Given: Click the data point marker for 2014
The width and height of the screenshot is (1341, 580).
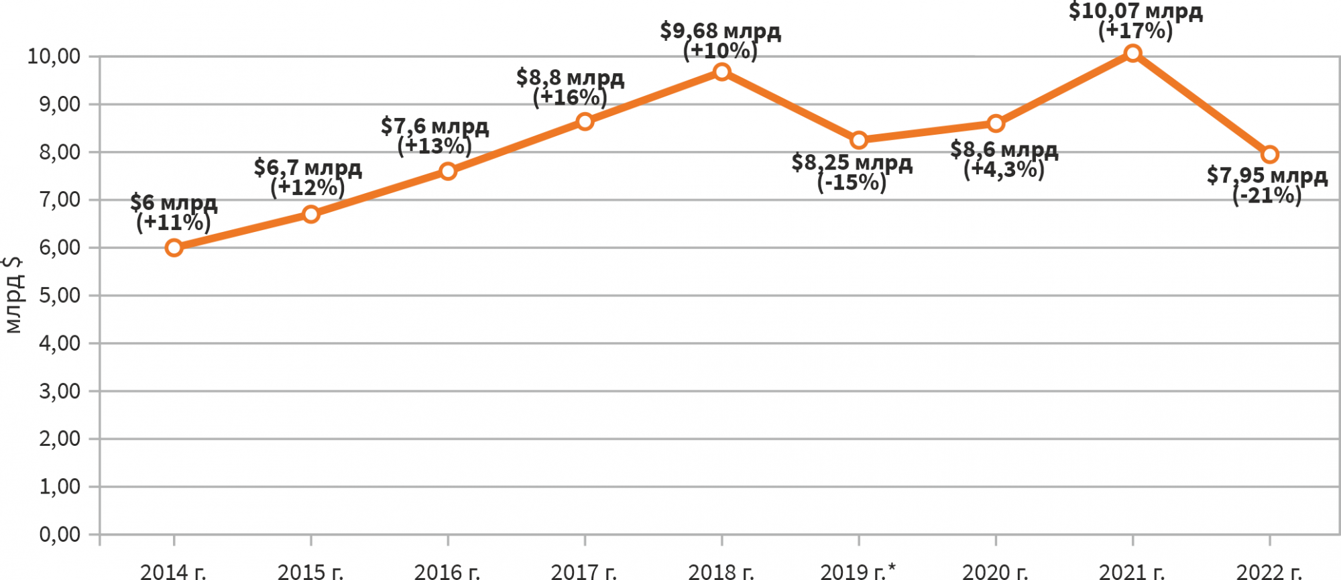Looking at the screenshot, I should pyautogui.click(x=174, y=248).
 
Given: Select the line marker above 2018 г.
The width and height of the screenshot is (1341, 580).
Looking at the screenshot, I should pyautogui.click(x=721, y=72).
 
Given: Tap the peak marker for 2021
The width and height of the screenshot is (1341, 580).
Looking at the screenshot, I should pyautogui.click(x=1132, y=53).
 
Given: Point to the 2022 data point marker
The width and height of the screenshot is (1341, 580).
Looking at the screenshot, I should pyautogui.click(x=1269, y=155).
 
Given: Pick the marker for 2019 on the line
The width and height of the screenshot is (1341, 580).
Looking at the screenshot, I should pyautogui.click(x=859, y=140).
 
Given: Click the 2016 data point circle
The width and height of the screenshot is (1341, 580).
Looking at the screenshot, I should pyautogui.click(x=448, y=171).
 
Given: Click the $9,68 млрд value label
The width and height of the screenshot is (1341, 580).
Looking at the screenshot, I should pyautogui.click(x=720, y=31).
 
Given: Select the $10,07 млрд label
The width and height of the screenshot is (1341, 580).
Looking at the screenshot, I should pyautogui.click(x=1135, y=11).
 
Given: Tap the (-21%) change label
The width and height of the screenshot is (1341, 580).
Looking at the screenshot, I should pyautogui.click(x=1267, y=196).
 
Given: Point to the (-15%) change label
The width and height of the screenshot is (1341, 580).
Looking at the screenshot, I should pyautogui.click(x=852, y=182).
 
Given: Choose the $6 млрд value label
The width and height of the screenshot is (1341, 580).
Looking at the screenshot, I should pyautogui.click(x=174, y=202).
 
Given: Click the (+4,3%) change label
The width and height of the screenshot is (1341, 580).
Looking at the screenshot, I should pyautogui.click(x=1004, y=170).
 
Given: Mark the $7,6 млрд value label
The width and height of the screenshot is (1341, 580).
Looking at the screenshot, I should pyautogui.click(x=434, y=125).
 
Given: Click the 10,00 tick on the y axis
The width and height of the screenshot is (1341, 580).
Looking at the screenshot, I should pyautogui.click(x=54, y=56).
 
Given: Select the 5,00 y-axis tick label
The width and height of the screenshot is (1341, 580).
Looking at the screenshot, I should pyautogui.click(x=60, y=296).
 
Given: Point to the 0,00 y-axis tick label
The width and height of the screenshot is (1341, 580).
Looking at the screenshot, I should pyautogui.click(x=60, y=534).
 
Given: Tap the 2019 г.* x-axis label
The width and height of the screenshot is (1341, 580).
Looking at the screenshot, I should pyautogui.click(x=858, y=571).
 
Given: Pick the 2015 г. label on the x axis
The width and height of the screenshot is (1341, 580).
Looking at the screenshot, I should pyautogui.click(x=310, y=572).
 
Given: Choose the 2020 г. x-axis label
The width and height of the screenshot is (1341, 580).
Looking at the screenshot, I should pyautogui.click(x=995, y=572).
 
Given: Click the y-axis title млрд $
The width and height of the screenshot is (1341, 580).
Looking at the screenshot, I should pyautogui.click(x=13, y=295).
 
